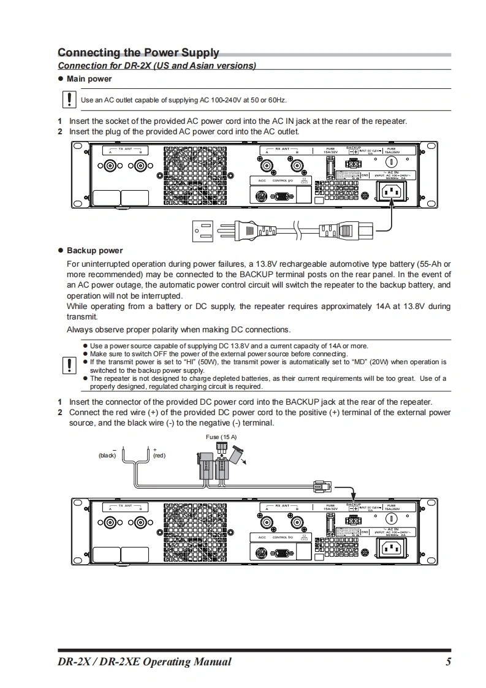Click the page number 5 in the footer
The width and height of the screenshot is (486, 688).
[449, 661]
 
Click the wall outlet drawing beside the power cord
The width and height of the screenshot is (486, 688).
[205, 231]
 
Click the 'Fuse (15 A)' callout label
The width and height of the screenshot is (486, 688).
[221, 437]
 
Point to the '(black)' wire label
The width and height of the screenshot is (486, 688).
[107, 456]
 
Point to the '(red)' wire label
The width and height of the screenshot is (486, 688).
[159, 456]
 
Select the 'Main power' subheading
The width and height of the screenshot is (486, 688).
[89, 79]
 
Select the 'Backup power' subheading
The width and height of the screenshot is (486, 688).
[94, 251]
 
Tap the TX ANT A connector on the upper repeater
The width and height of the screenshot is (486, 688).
[111, 166]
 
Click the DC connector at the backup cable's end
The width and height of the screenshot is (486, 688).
[321, 487]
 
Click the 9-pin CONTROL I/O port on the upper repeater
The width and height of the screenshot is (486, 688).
[281, 197]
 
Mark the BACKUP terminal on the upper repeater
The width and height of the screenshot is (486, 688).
[353, 164]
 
